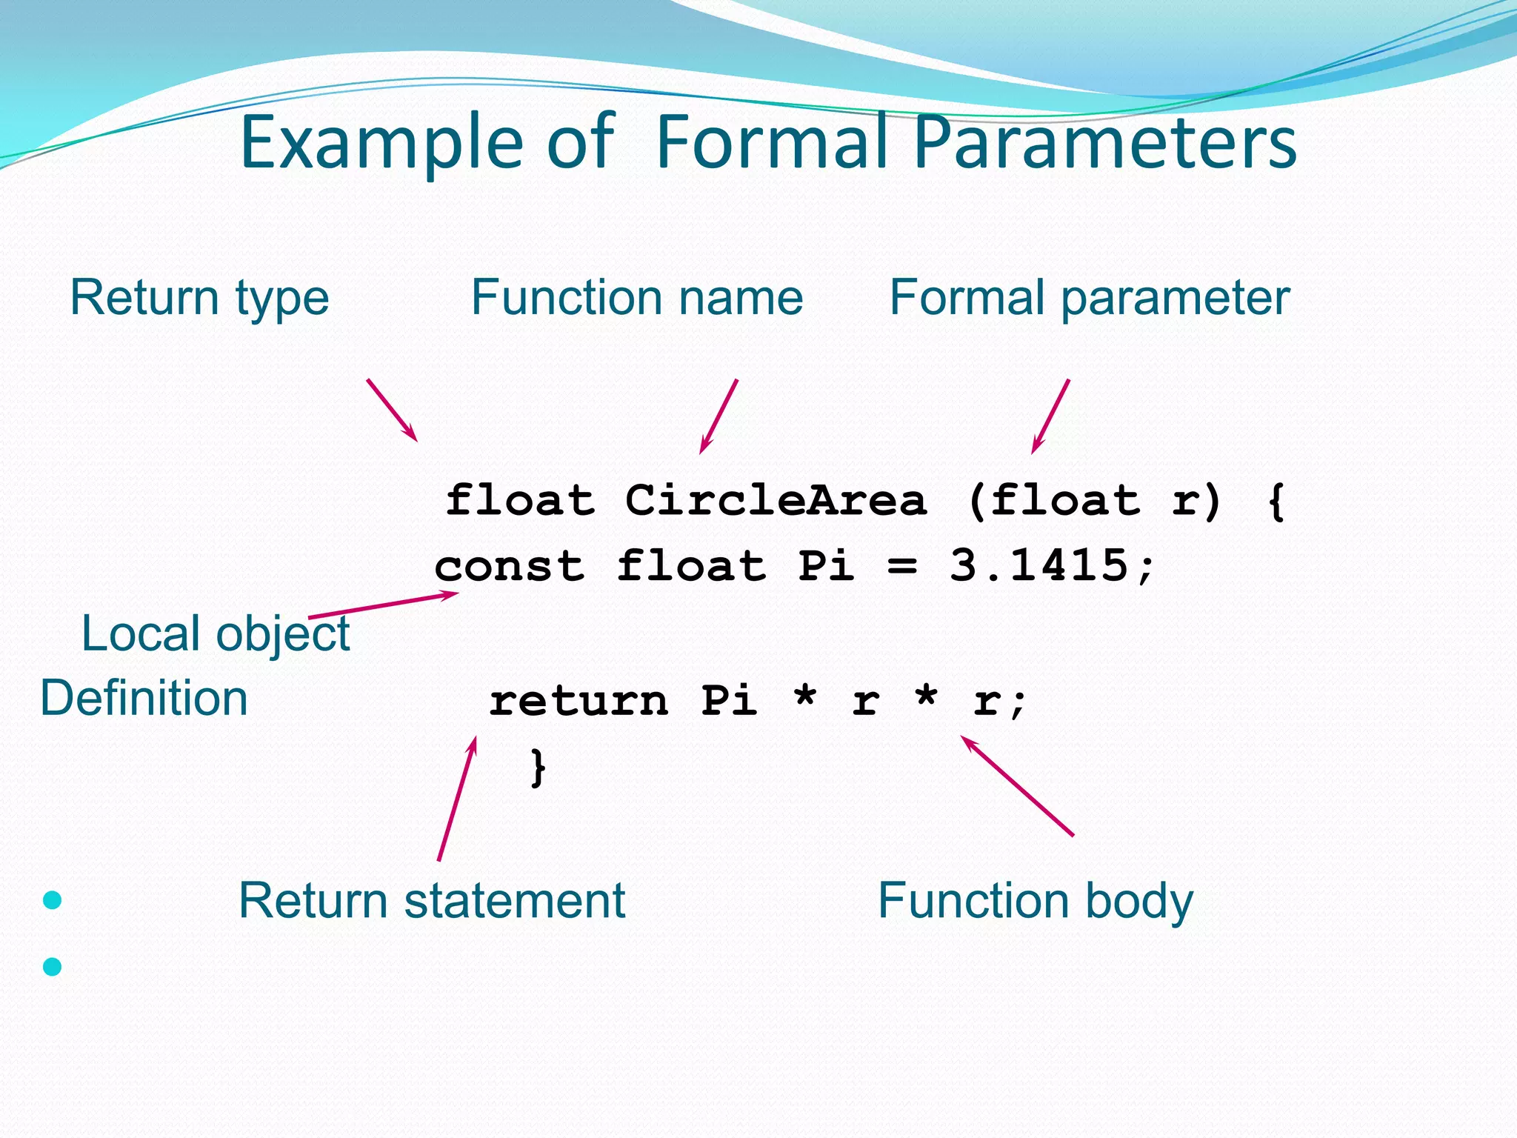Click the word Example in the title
pos(381,142)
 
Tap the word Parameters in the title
pos(1104,142)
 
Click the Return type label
pos(199,298)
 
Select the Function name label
pos(637,298)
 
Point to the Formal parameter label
pos(1090,298)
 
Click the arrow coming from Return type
pos(392,410)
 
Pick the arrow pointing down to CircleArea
pos(719,416)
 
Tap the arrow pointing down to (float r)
pos(1050,416)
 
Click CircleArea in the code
pos(776,501)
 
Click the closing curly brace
pos(539,768)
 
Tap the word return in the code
pos(579,701)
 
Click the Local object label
pos(215,634)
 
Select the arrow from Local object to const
pos(383,605)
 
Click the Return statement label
pos(432,901)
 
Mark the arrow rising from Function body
pos(1017,786)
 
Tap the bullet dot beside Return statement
pos(53,900)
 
